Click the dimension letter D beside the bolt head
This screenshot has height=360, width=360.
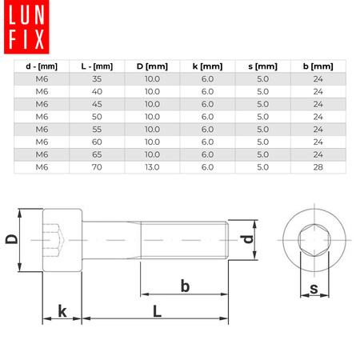(x=11, y=239)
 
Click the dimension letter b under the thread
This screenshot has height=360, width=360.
(x=185, y=284)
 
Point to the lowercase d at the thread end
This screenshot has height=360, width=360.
(x=248, y=238)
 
